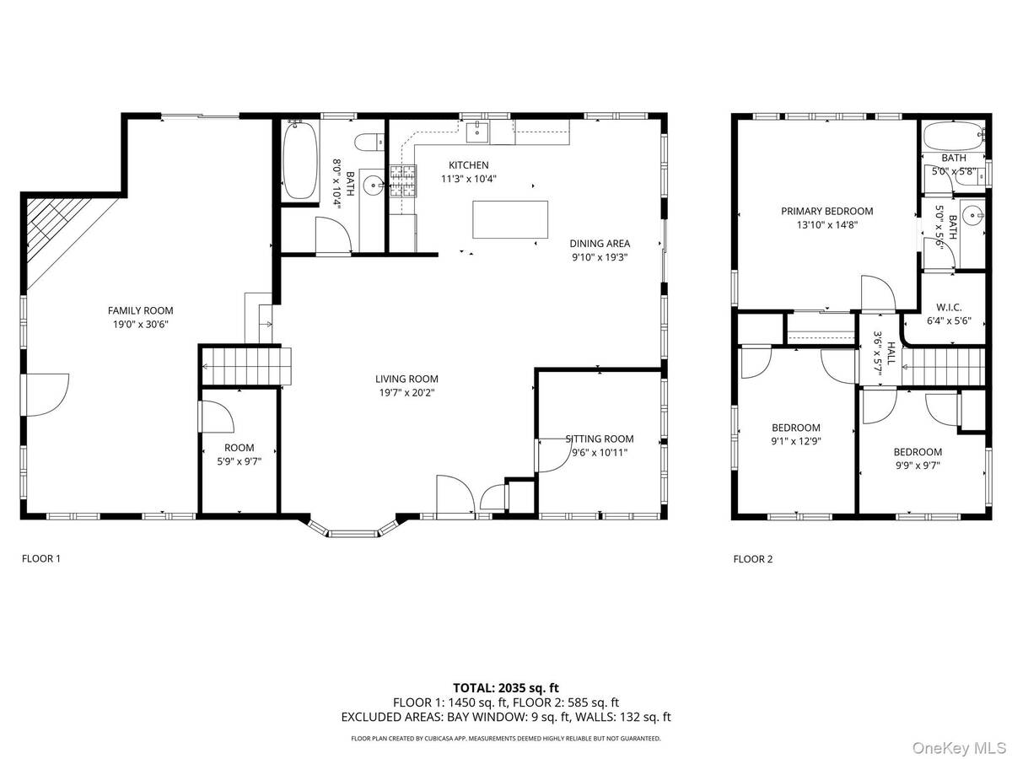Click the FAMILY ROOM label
pos(141,310)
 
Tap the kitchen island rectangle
pos(510,219)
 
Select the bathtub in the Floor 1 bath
pos(299,159)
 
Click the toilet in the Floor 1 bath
pos(369,142)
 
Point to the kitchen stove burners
pos(403,181)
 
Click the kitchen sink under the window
pos(477,132)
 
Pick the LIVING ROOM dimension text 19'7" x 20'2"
pos(407,393)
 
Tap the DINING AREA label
pos(600,244)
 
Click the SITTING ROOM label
pos(600,439)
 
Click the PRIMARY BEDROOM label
pos(827,211)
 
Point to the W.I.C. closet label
pos(949,307)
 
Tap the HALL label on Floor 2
pos(891,353)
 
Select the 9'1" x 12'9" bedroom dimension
pos(796,441)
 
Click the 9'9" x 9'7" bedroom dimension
pos(918,466)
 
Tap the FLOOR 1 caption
pos(41,558)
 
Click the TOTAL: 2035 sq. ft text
pos(506,688)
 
